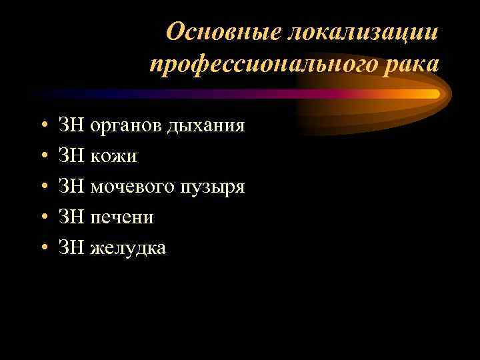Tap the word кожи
tap(113, 155)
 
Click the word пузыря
tap(213, 186)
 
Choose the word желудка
tap(128, 247)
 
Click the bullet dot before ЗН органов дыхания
tap(43, 125)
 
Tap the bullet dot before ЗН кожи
tap(43, 156)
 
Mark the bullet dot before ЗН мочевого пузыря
tap(43, 187)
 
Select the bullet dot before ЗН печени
tap(43, 217)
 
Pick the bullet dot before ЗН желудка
tap(43, 248)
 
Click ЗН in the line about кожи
tap(71, 155)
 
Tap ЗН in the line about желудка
tap(71, 247)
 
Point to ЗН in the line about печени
tap(71, 217)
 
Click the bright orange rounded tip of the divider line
tap(433, 94)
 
